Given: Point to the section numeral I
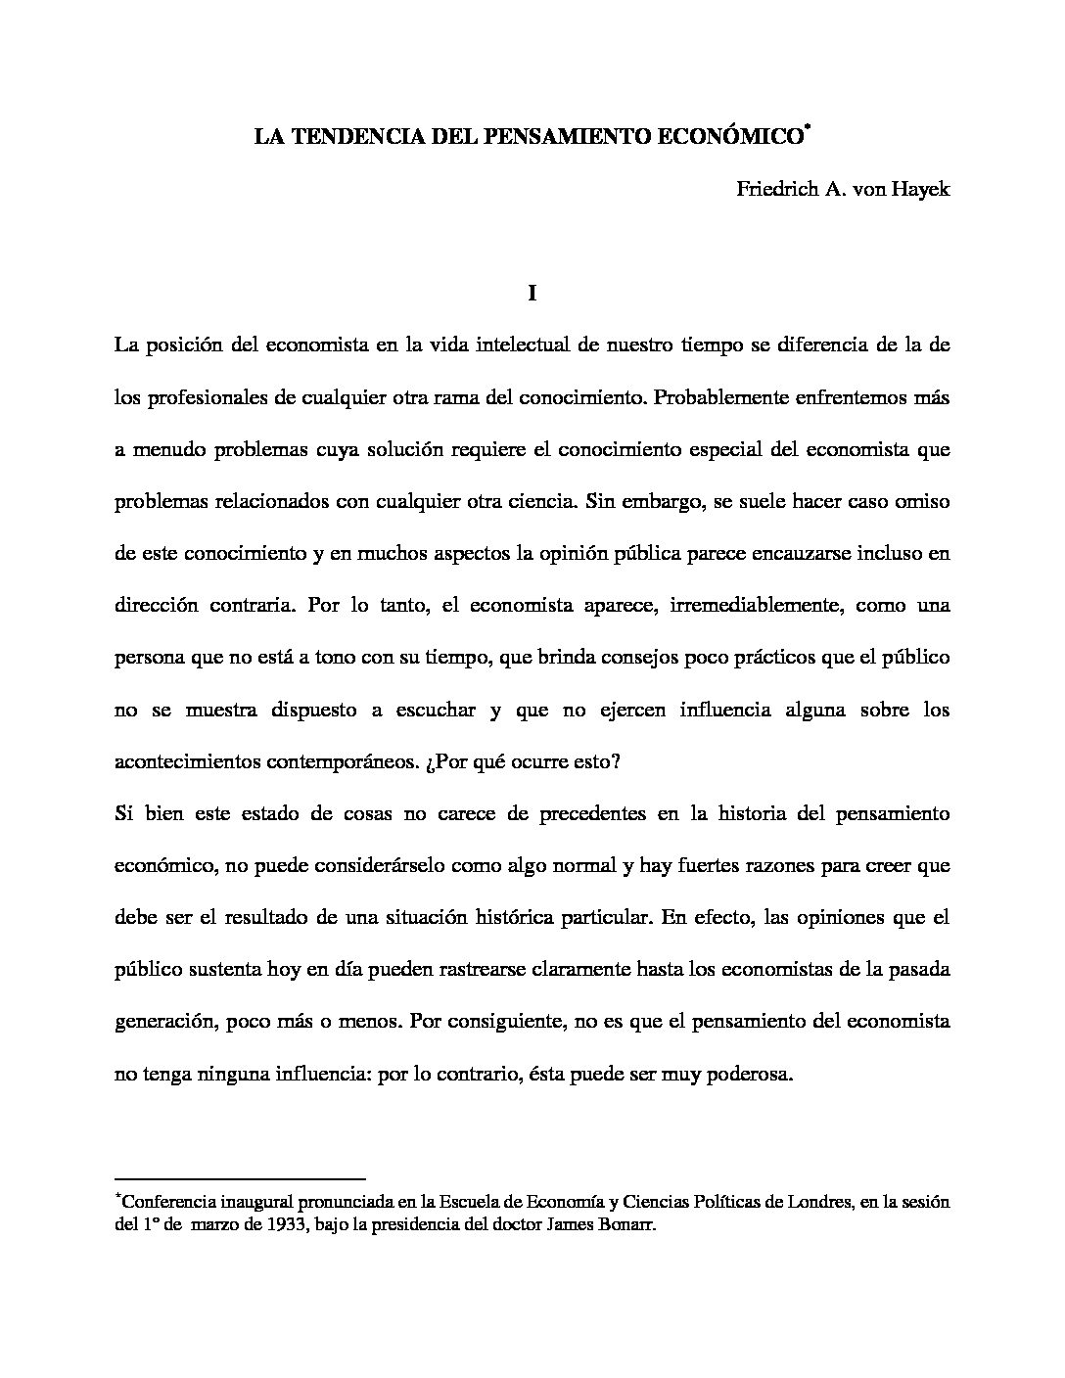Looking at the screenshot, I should [x=532, y=293].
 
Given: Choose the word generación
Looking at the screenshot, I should [x=163, y=1022].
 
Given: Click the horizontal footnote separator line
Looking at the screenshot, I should [x=240, y=1178].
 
